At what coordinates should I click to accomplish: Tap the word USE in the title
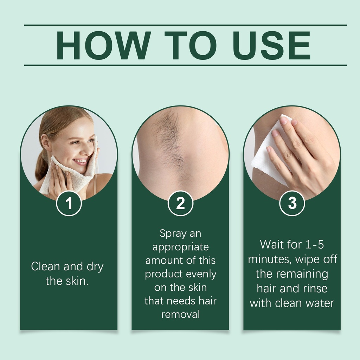271,45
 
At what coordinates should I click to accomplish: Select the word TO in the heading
191,45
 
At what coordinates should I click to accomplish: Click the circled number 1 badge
69,204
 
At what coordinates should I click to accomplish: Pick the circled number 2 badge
180,204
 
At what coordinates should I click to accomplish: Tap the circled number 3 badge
292,204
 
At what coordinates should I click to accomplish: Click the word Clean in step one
45,266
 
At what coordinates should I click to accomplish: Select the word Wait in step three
271,244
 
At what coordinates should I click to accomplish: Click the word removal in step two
180,314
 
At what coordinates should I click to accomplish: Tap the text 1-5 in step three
315,245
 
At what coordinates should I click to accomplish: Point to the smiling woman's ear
45,142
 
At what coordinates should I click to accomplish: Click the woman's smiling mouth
80,161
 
